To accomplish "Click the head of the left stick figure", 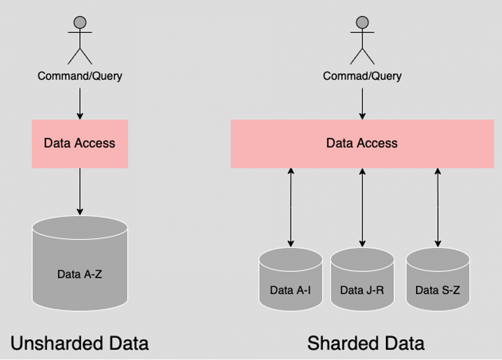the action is [x=80, y=22].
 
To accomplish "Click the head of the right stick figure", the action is [x=362, y=22].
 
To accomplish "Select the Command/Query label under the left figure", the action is [x=80, y=76].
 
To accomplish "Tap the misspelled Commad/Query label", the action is [x=362, y=76].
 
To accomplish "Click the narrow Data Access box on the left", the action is [x=80, y=144].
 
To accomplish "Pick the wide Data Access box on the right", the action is [x=362, y=144].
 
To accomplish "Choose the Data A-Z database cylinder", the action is [x=80, y=263].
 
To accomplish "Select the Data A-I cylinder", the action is [x=291, y=279].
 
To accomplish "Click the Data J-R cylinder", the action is [x=362, y=279].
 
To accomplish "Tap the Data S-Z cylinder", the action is [x=437, y=279].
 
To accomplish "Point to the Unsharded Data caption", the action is [x=80, y=343].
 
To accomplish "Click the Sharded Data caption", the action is [x=366, y=343].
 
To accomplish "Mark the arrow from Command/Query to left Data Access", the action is [x=80, y=104].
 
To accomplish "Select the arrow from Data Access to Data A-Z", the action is [x=80, y=192].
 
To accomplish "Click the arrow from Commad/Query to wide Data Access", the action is [x=362, y=104].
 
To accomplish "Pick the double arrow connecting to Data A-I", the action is [x=291, y=207].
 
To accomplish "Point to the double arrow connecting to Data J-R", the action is [x=362, y=207].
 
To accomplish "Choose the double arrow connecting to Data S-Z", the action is [x=437, y=207].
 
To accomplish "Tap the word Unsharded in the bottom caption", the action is [x=56, y=343].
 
